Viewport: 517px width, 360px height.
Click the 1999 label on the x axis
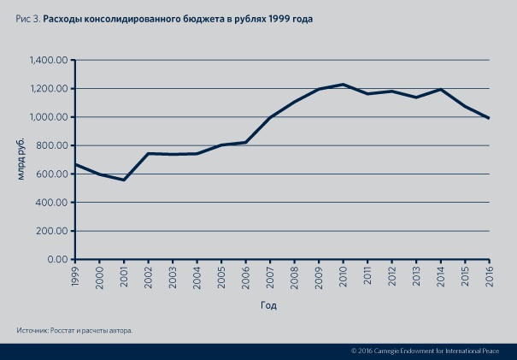(x=75, y=275)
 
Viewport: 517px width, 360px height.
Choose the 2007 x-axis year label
(x=270, y=275)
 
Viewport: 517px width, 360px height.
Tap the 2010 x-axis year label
(x=343, y=275)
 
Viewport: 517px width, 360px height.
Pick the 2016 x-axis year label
(x=489, y=275)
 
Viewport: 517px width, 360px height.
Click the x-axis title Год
(x=268, y=304)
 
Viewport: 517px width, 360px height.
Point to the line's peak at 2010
(x=343, y=85)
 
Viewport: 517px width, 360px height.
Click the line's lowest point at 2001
(x=124, y=180)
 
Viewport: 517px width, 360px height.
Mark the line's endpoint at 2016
(x=489, y=118)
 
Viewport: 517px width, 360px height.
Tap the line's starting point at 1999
(x=75, y=164)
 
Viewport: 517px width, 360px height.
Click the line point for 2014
(x=440, y=89)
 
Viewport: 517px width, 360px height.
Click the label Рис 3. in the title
(x=26, y=17)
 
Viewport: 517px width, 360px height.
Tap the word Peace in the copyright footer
(x=501, y=351)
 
